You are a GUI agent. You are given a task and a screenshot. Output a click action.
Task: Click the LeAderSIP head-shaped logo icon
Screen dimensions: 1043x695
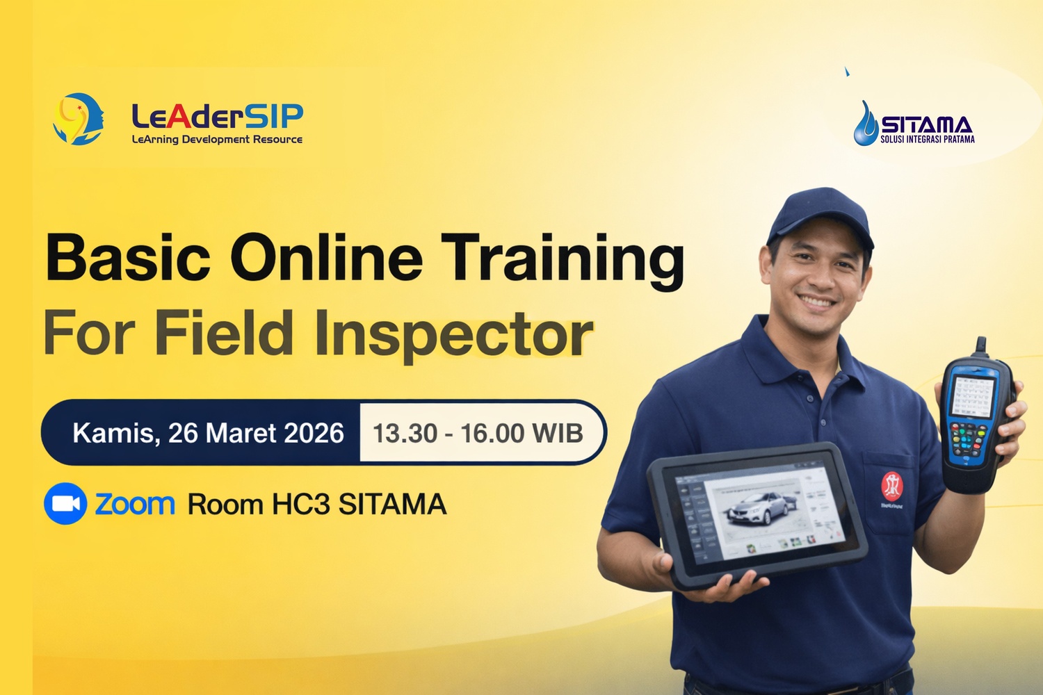point(78,119)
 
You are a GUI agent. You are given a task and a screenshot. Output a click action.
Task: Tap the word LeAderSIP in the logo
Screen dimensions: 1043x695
point(218,116)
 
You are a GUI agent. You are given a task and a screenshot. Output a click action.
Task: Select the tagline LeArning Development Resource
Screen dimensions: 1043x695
point(217,139)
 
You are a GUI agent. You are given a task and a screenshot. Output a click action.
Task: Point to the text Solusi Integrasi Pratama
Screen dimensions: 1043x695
point(927,139)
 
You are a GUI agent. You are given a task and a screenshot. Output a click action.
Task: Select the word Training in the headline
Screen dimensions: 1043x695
point(563,261)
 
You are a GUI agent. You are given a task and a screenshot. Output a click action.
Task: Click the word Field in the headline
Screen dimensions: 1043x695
point(224,332)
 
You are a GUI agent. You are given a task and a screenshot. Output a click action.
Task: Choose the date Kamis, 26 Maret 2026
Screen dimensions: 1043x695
point(208,433)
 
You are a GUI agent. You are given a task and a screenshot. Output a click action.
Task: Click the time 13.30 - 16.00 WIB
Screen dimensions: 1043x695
point(478,433)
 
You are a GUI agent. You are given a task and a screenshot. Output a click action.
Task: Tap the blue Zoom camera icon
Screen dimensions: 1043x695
point(65,504)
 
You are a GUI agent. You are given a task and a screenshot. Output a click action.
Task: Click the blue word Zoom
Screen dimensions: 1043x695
point(135,504)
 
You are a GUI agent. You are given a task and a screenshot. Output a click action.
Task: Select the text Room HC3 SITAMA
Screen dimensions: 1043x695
point(316,504)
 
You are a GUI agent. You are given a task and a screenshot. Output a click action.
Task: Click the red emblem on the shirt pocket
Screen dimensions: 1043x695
point(892,486)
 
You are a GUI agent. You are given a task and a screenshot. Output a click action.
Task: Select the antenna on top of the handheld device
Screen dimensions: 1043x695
point(980,347)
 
